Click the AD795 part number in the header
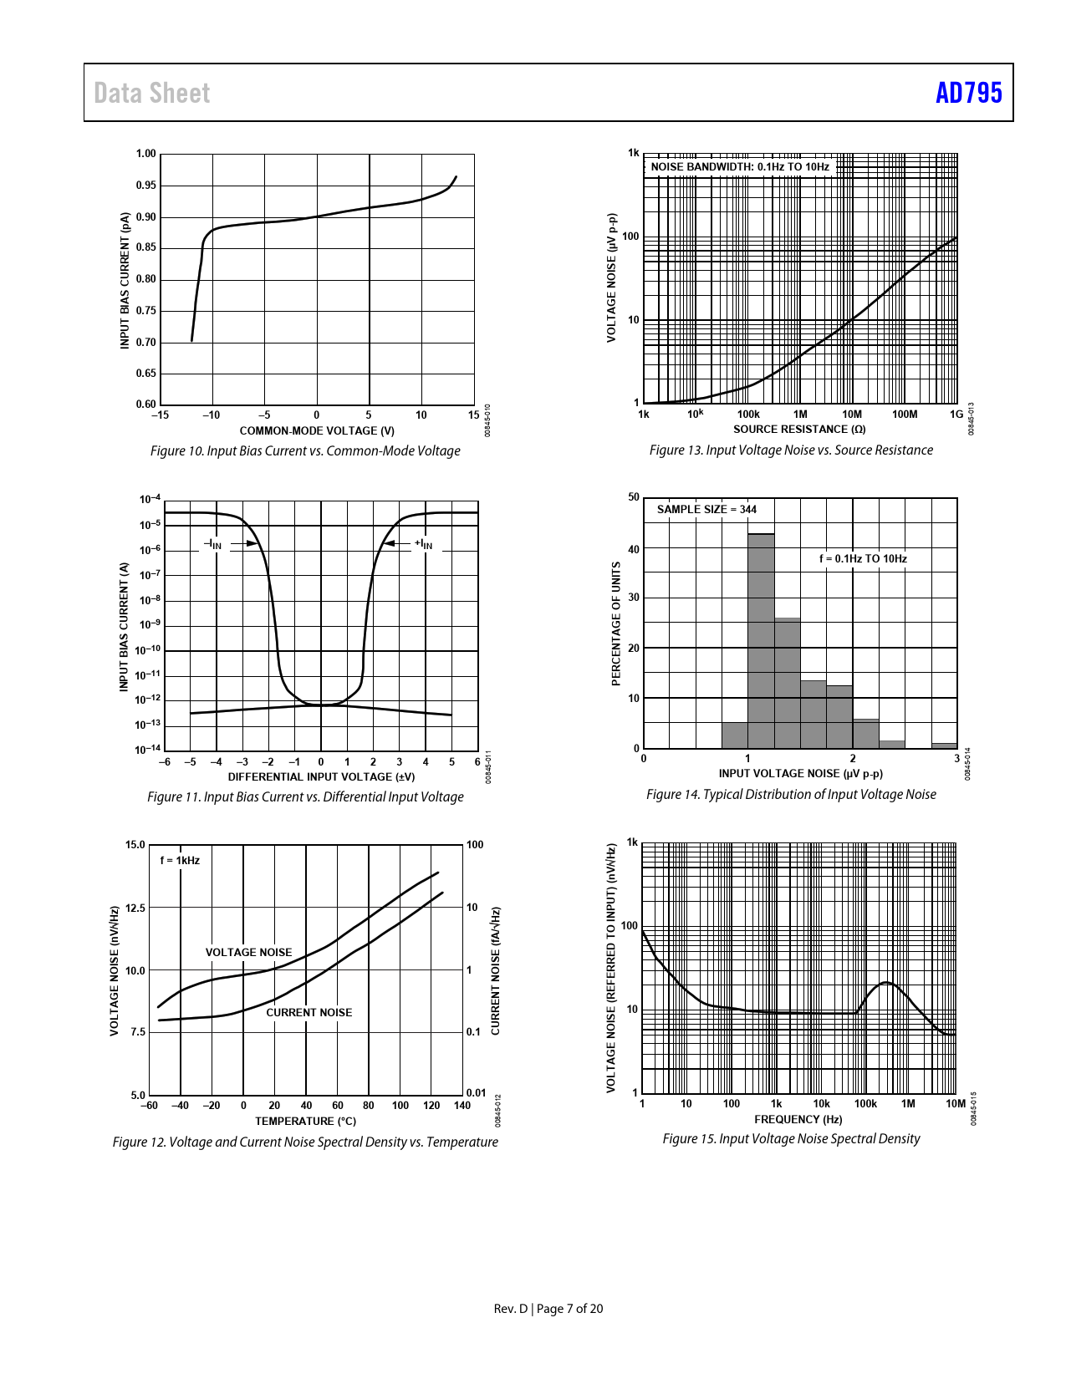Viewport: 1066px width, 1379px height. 968,93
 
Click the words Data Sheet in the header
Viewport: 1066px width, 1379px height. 151,93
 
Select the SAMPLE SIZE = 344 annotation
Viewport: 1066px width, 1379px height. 706,509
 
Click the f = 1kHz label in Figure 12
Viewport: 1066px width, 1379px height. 180,860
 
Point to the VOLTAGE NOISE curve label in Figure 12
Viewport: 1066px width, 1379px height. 248,952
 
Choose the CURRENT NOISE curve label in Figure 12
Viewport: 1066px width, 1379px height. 309,1012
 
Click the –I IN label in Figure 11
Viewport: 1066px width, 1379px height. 213,544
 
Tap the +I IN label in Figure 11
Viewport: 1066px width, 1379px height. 424,544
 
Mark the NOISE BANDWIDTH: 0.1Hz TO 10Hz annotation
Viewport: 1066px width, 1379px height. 740,166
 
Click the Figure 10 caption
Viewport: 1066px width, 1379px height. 305,450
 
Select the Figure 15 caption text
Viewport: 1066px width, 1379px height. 791,1138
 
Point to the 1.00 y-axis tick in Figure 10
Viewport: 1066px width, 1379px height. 146,154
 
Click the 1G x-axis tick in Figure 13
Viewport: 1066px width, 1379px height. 956,414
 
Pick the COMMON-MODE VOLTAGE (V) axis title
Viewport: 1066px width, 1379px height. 317,430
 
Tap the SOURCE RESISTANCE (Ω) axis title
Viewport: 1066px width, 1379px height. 799,429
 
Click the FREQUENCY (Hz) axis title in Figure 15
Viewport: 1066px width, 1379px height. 798,1119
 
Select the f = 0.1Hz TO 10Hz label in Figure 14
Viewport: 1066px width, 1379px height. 863,558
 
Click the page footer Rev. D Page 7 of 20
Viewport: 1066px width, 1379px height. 548,1308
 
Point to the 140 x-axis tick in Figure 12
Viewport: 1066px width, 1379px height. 462,1105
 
